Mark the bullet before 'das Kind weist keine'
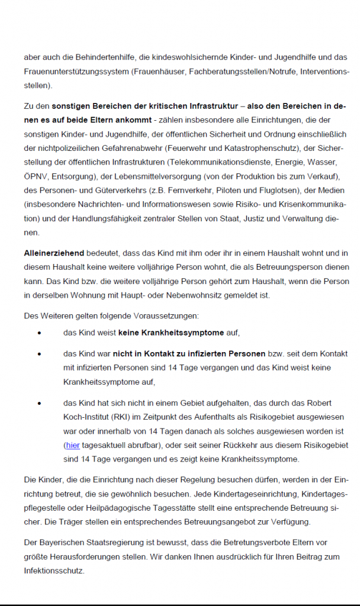click(x=39, y=333)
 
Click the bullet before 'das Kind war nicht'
click(x=39, y=354)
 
